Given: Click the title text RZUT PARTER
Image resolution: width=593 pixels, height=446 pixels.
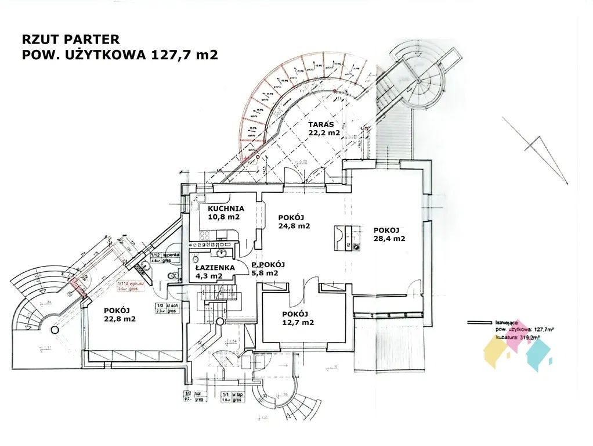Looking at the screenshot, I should point(70,39).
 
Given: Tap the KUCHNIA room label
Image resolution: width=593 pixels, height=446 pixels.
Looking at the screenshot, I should point(226,208).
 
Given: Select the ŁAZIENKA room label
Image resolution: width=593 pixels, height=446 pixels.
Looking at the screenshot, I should point(215,268).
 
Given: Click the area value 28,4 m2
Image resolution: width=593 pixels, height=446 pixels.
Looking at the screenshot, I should point(389,238).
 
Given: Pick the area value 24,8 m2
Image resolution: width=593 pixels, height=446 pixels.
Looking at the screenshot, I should point(294,226).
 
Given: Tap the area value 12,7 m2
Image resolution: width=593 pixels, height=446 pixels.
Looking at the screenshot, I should point(298,322).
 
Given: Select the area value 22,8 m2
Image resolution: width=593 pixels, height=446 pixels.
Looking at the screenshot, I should point(120,318).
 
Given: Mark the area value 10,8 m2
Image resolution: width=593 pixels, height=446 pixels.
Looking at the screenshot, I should point(224,217).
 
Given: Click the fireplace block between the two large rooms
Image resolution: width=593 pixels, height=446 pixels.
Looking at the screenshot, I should point(347,237).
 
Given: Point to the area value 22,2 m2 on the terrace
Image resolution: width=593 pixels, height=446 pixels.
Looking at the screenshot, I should point(324,132).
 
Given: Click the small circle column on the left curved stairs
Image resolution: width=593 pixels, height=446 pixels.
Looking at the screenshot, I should point(55,329).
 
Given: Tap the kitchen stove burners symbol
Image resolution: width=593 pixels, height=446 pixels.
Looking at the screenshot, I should point(204,236).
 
